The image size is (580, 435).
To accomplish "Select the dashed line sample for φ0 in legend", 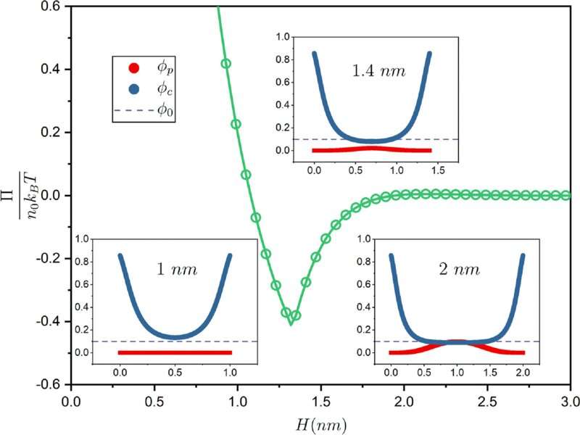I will pos(133,112).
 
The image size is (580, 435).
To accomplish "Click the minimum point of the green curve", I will pos(291,324).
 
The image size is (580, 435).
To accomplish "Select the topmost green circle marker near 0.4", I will pos(225,64).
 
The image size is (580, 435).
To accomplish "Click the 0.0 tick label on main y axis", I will pos(51,196).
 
